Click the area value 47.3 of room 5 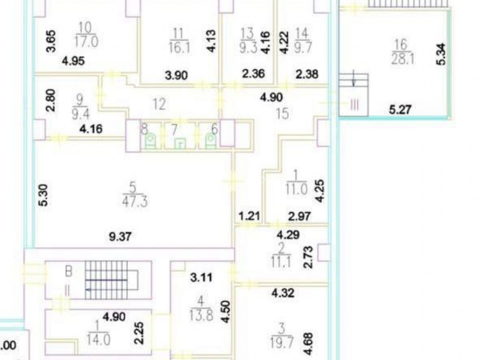[135, 202]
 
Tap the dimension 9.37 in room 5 [120, 236]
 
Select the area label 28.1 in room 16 [403, 58]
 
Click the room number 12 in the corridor [159, 104]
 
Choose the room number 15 [282, 114]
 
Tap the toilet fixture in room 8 [150, 141]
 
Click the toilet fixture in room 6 [210, 141]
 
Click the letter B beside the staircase [69, 272]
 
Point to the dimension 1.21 [249, 216]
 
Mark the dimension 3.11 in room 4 [201, 277]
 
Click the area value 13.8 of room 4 [201, 315]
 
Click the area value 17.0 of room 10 [86, 41]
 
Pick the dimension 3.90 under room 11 [176, 75]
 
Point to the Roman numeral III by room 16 [354, 105]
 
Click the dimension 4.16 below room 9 [91, 129]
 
